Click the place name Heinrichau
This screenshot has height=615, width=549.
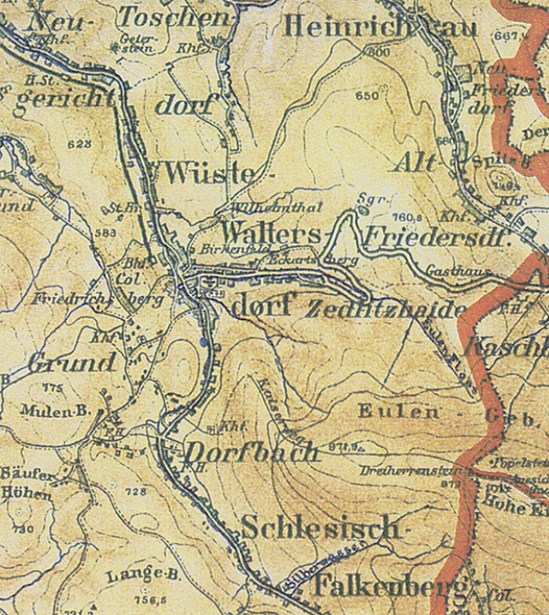[x=380, y=27]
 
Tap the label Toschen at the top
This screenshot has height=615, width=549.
[x=174, y=17]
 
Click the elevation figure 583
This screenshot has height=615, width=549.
[x=108, y=232]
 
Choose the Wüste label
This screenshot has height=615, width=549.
[x=215, y=172]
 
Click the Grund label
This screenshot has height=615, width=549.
[x=71, y=362]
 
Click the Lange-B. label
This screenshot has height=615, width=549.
[x=136, y=576]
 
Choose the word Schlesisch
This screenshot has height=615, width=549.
[x=320, y=528]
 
